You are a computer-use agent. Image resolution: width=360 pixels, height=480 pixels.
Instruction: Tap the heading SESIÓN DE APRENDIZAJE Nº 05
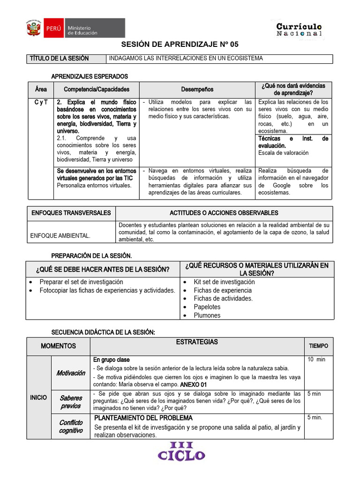click(x=180, y=45)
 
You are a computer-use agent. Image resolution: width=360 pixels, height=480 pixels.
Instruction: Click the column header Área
click(x=40, y=89)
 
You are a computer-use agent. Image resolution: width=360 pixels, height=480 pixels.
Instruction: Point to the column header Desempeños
click(x=197, y=89)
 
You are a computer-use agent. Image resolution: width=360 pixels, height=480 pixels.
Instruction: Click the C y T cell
click(x=40, y=102)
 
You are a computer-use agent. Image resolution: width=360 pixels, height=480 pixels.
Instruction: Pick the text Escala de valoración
click(x=283, y=153)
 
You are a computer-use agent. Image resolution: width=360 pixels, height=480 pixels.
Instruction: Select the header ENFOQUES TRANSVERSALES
click(x=71, y=213)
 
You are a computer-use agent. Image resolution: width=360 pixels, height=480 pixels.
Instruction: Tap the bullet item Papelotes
click(x=207, y=307)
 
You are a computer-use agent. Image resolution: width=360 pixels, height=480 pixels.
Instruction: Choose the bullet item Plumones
click(x=207, y=315)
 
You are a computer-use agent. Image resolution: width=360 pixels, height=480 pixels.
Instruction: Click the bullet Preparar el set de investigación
click(x=81, y=282)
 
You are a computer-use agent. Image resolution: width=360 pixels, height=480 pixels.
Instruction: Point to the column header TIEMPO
click(x=318, y=346)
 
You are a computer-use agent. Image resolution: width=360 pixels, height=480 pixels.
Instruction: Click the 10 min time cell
click(x=316, y=360)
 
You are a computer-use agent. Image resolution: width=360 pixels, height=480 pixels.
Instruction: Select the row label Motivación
click(x=71, y=373)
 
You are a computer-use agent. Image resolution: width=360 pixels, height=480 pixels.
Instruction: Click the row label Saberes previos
click(x=71, y=402)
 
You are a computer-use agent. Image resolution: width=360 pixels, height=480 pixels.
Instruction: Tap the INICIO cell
click(x=38, y=397)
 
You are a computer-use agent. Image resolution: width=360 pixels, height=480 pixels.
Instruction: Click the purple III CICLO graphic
click(x=181, y=451)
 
